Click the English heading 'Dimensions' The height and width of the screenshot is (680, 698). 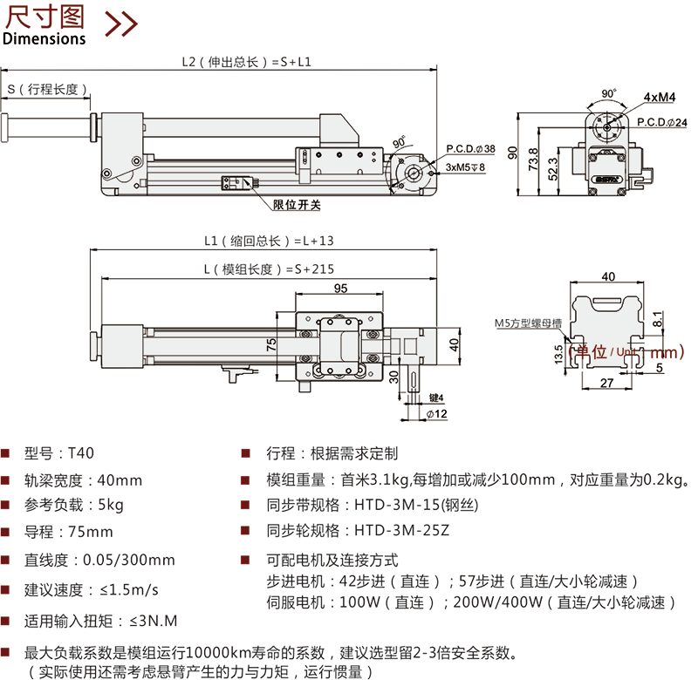(x=44, y=38)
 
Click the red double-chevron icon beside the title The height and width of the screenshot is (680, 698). (x=121, y=24)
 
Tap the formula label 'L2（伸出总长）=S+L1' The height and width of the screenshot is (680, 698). (x=246, y=62)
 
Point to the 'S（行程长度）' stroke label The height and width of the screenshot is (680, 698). (x=49, y=89)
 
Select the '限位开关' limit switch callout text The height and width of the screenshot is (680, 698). (x=298, y=205)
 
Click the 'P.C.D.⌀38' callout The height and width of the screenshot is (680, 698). (x=470, y=149)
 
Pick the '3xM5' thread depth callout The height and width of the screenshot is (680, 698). (x=465, y=166)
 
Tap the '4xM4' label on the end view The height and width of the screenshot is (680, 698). (x=660, y=96)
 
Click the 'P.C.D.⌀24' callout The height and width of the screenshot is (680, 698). (x=661, y=121)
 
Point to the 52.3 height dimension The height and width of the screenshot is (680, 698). (x=552, y=167)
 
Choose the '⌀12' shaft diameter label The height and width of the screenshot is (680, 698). (x=438, y=413)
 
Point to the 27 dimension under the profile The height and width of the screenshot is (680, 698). (x=607, y=381)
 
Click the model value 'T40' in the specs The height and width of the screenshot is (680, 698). (x=80, y=452)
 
